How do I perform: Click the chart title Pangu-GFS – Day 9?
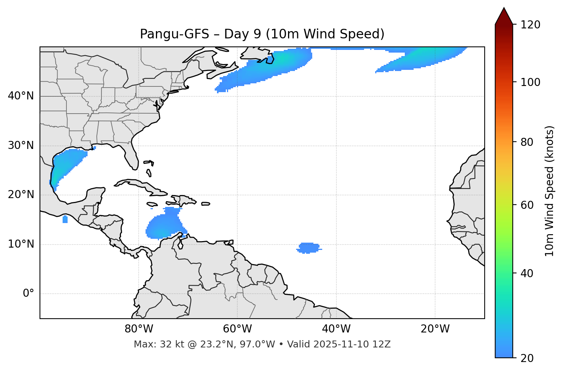click(262, 34)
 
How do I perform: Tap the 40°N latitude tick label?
click(21, 96)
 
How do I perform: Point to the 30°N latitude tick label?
click(21, 145)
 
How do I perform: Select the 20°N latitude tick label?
click(21, 195)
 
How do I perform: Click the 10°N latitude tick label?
click(21, 244)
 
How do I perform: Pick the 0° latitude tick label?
click(28, 294)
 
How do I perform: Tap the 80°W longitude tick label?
click(139, 329)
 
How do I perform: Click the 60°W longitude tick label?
click(237, 329)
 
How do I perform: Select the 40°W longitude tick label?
click(336, 329)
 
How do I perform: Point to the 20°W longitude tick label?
click(435, 329)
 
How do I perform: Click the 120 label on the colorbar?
click(530, 25)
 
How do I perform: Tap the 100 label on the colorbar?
click(530, 82)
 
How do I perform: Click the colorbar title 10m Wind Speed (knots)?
click(550, 191)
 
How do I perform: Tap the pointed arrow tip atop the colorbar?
click(504, 10)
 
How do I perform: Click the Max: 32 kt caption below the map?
click(262, 344)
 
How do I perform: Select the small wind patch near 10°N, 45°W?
click(308, 248)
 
